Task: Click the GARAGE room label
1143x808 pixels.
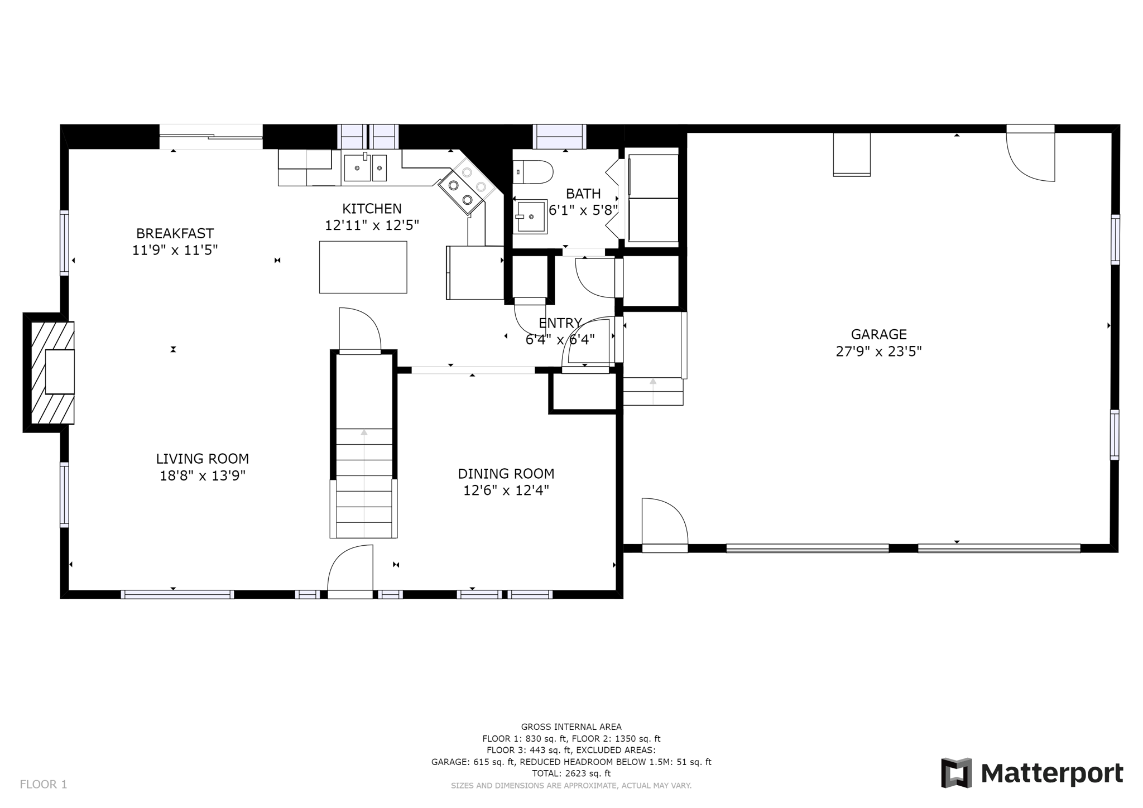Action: click(878, 334)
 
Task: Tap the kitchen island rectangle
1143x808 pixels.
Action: click(363, 267)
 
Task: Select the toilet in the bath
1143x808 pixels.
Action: click(532, 172)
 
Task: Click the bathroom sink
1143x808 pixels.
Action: click(529, 217)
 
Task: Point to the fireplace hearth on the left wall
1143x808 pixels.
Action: click(52, 372)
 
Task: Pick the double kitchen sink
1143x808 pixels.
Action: click(365, 167)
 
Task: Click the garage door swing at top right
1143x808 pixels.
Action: click(1030, 155)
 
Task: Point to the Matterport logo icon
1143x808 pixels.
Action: click(957, 773)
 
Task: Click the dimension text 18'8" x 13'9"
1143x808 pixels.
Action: click(203, 476)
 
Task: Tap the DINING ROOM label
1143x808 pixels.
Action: click(506, 474)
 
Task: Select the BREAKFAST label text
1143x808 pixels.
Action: click(175, 233)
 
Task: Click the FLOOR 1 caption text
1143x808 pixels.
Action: click(44, 784)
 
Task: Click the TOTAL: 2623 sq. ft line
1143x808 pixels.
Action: click(571, 773)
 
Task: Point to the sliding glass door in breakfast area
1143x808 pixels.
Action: click(211, 136)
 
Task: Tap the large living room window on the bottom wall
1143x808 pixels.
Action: click(177, 594)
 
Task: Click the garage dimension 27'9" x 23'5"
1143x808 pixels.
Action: click(878, 352)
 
